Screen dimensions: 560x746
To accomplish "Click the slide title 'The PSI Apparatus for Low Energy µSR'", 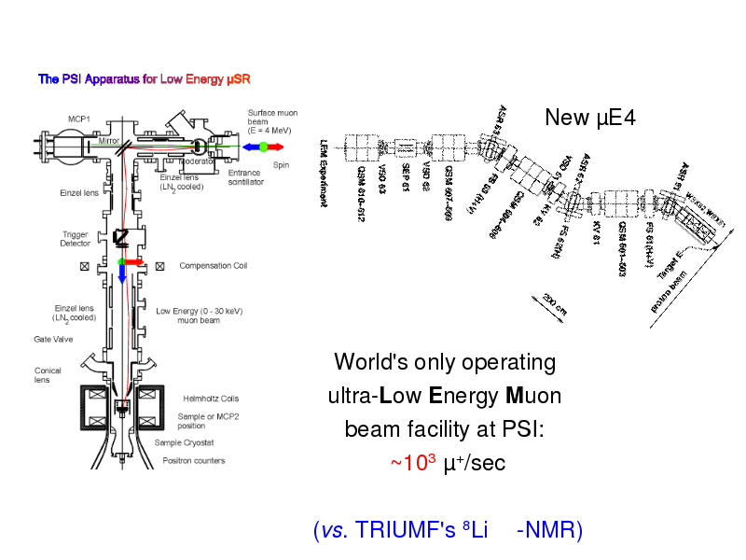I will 144,79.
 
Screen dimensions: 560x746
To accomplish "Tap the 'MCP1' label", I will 78,119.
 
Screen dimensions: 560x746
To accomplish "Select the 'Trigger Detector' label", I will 76,239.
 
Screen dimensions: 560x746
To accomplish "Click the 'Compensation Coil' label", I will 213,266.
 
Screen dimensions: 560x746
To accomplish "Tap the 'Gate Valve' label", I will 53,340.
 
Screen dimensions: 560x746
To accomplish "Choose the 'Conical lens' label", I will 48,375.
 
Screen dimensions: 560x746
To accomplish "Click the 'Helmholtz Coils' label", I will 211,399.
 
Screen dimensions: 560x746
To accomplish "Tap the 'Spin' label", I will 281,165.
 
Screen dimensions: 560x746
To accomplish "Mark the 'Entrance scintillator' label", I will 246,177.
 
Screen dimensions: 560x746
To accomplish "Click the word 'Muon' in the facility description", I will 533,396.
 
